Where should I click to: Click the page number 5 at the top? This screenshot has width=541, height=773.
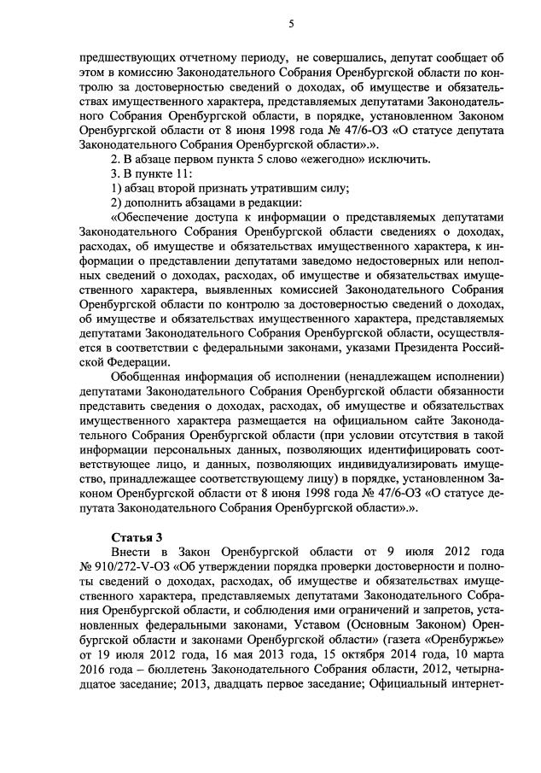(x=291, y=24)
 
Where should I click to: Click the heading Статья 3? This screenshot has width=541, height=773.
(x=136, y=536)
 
